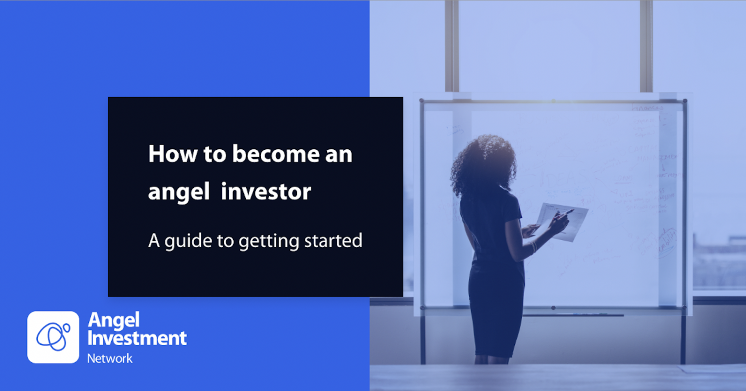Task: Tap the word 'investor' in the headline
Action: (x=266, y=192)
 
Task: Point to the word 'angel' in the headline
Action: (x=178, y=193)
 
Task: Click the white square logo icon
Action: (x=53, y=337)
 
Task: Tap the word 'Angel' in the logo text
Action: (x=114, y=320)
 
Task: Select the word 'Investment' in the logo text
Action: (x=137, y=338)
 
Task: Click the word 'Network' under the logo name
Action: (x=110, y=358)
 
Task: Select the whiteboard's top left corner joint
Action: (x=422, y=101)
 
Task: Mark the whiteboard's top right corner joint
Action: (x=685, y=101)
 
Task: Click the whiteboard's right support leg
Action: (x=684, y=336)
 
